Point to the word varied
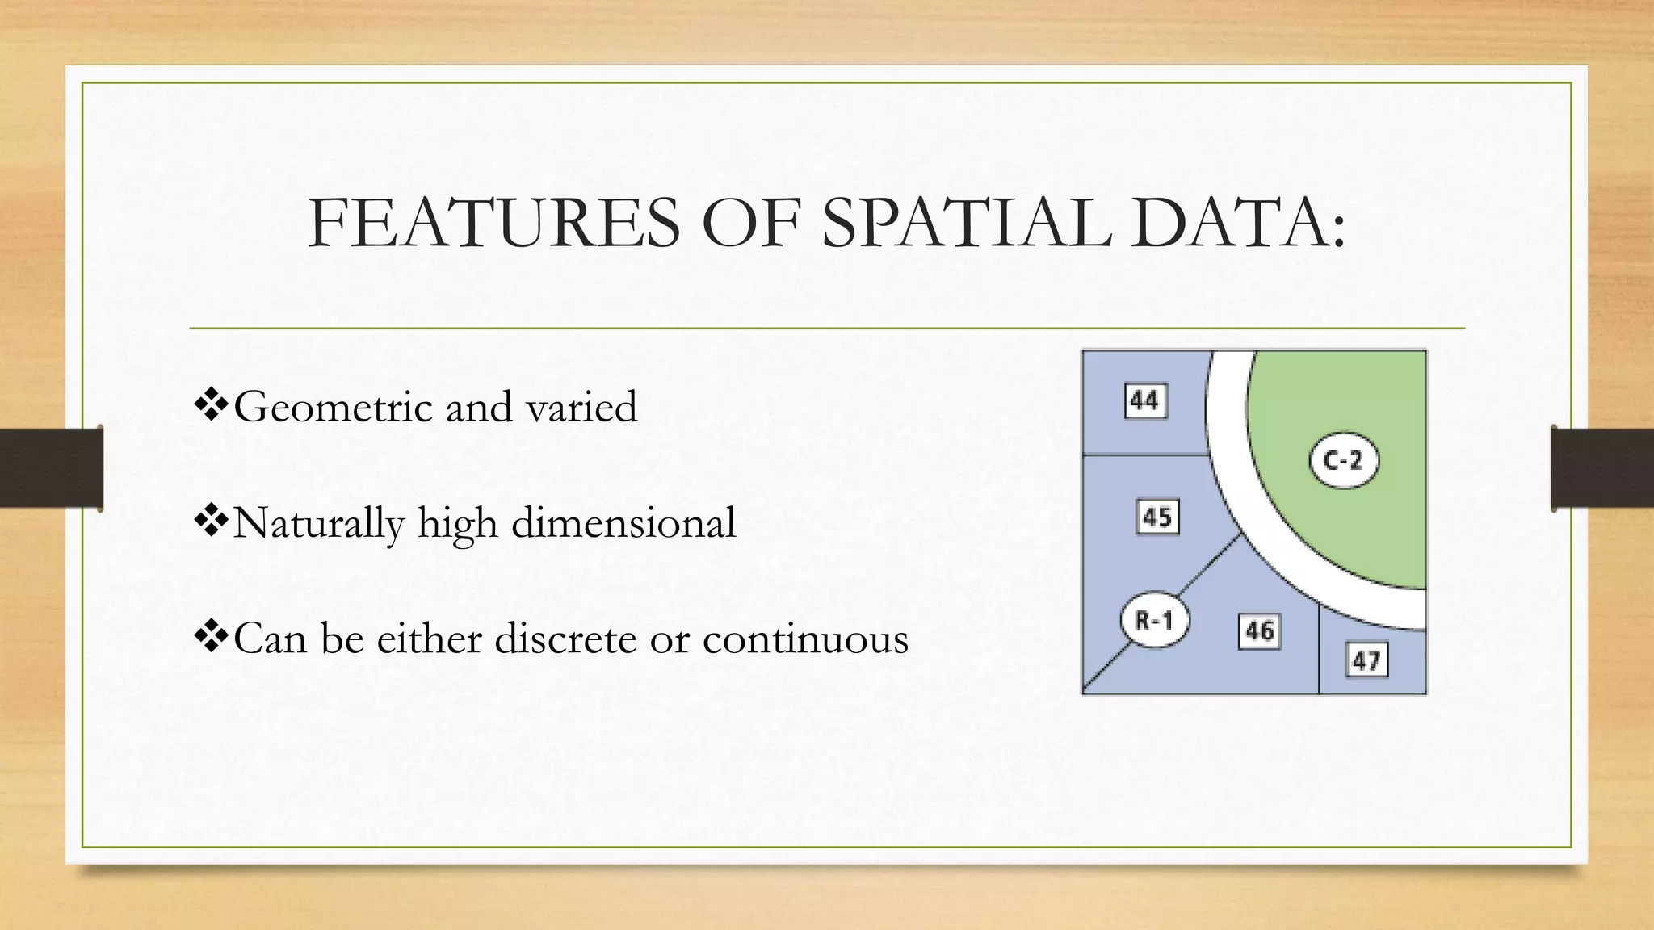coord(581,407)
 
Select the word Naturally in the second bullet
coord(318,523)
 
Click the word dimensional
coord(623,523)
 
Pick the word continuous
coord(805,639)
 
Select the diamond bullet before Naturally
coord(212,522)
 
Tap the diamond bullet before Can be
coord(212,638)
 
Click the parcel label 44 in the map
coord(1145,401)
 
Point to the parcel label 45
coord(1157,517)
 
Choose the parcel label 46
coord(1259,631)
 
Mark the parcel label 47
coord(1366,661)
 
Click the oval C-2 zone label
coord(1343,461)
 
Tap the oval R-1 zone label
coord(1155,621)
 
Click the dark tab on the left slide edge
coord(52,468)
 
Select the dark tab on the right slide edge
coord(1602,468)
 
